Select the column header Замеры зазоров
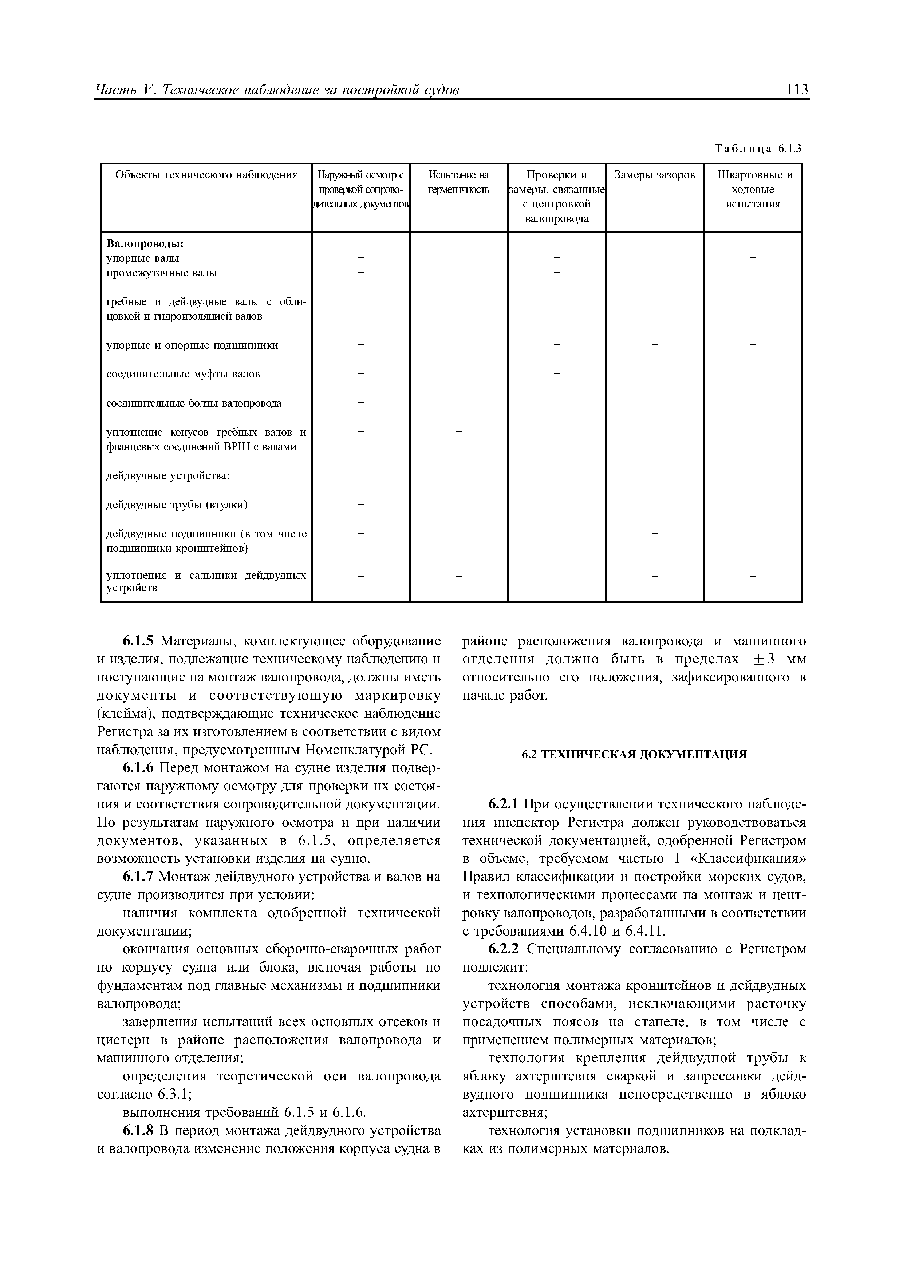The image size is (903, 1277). tap(654, 175)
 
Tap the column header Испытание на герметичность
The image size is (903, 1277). tap(458, 182)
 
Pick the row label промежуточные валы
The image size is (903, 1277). tap(161, 273)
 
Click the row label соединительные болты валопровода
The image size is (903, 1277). tap(194, 403)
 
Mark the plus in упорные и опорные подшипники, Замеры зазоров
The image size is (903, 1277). tap(654, 345)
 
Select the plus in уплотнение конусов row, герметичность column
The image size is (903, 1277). tap(458, 432)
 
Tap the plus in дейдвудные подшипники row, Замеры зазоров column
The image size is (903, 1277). tap(654, 533)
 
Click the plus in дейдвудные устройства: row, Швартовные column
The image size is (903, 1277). tap(752, 475)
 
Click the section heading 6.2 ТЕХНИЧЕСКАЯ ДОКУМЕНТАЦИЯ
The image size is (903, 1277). tap(634, 754)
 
